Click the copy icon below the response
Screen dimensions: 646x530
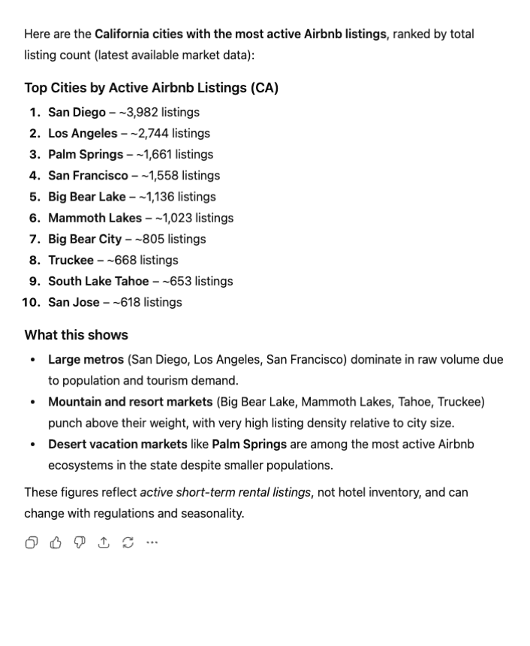coord(31,542)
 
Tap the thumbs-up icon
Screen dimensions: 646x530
coord(55,542)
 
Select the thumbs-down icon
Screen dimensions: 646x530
coord(79,542)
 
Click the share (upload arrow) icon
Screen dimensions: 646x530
coord(103,542)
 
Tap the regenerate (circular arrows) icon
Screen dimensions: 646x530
coord(127,542)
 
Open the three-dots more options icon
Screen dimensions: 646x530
coord(152,542)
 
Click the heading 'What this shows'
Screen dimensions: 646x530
coord(76,335)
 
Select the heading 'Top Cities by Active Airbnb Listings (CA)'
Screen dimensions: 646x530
coord(151,88)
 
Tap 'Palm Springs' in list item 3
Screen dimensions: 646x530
coord(86,154)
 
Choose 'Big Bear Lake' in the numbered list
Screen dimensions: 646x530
coord(86,197)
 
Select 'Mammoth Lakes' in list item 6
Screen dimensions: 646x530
coord(95,218)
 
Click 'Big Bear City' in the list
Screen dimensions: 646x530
coord(85,239)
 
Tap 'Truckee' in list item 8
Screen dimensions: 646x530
coord(71,260)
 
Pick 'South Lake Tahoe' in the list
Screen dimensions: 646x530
coord(98,281)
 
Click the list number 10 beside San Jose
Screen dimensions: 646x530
coord(32,302)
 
